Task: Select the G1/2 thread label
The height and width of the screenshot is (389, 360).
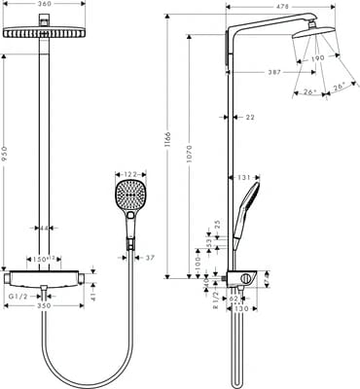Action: pyautogui.click(x=18, y=295)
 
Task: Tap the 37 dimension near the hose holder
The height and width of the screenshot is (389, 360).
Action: pyautogui.click(x=149, y=258)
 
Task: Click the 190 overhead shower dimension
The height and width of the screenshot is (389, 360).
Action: pyautogui.click(x=317, y=58)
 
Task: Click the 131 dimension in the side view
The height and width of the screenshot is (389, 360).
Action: pyautogui.click(x=245, y=178)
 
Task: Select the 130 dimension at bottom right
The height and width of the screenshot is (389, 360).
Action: pyautogui.click(x=240, y=308)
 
